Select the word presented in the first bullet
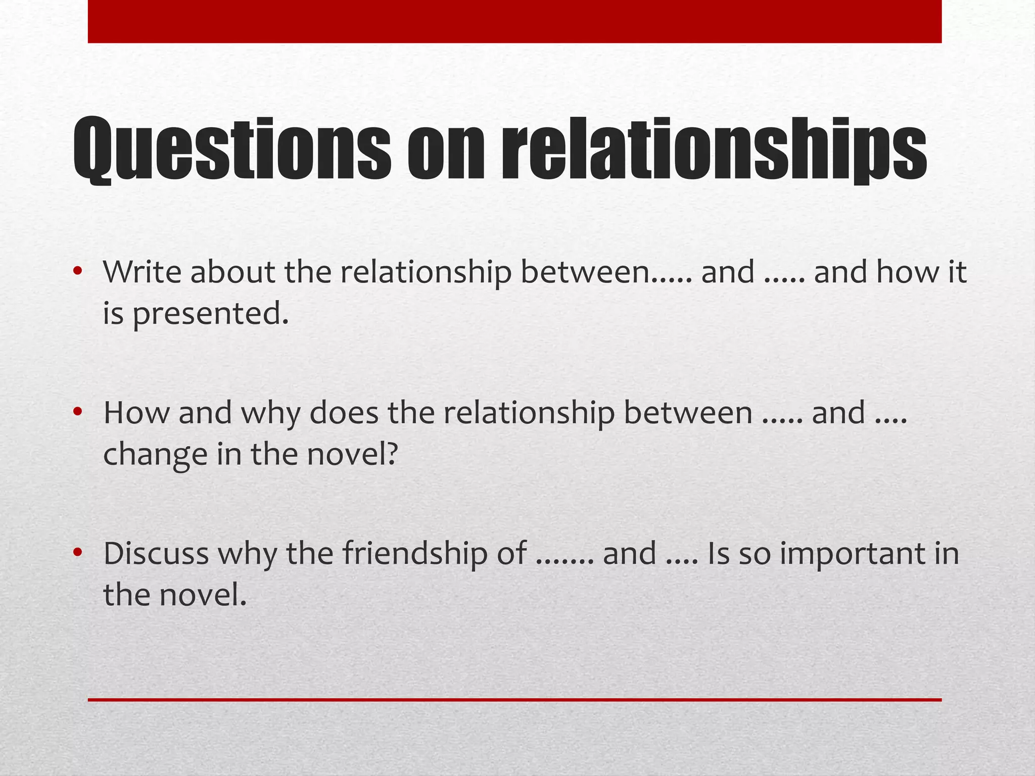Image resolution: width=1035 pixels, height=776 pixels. click(x=210, y=314)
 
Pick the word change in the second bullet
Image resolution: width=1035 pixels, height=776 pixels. click(x=155, y=454)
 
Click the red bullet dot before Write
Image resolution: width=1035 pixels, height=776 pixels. click(x=77, y=271)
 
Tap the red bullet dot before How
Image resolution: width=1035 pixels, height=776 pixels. click(x=77, y=412)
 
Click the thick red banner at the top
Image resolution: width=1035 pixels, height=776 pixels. click(x=514, y=21)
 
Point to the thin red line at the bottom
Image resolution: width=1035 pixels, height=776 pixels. click(x=514, y=700)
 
